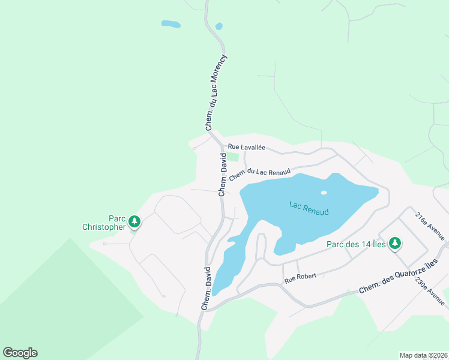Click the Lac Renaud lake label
click(310, 208)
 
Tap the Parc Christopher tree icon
click(135, 223)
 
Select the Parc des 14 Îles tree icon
click(394, 244)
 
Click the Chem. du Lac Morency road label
click(216, 93)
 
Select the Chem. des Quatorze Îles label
click(404, 277)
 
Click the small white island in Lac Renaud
click(324, 193)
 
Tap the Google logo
click(20, 353)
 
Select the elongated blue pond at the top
click(170, 25)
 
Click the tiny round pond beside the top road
click(218, 26)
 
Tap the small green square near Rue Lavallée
click(232, 157)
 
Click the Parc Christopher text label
click(104, 223)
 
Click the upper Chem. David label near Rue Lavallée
click(222, 175)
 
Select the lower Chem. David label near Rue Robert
click(206, 288)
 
